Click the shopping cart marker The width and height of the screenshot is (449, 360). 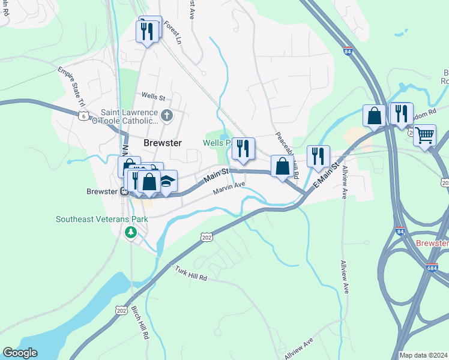424,136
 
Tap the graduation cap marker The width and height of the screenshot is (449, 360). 166,181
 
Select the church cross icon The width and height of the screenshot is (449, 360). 167,115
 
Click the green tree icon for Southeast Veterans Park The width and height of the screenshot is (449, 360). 130,232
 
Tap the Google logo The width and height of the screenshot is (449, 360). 20,353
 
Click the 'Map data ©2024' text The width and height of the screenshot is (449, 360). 423,355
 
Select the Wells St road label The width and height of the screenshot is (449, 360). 153,95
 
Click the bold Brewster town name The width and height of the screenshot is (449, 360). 162,142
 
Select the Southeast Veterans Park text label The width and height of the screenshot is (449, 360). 102,219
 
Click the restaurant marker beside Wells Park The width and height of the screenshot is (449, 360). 243,148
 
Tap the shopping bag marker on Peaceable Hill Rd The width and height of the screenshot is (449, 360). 282,166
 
